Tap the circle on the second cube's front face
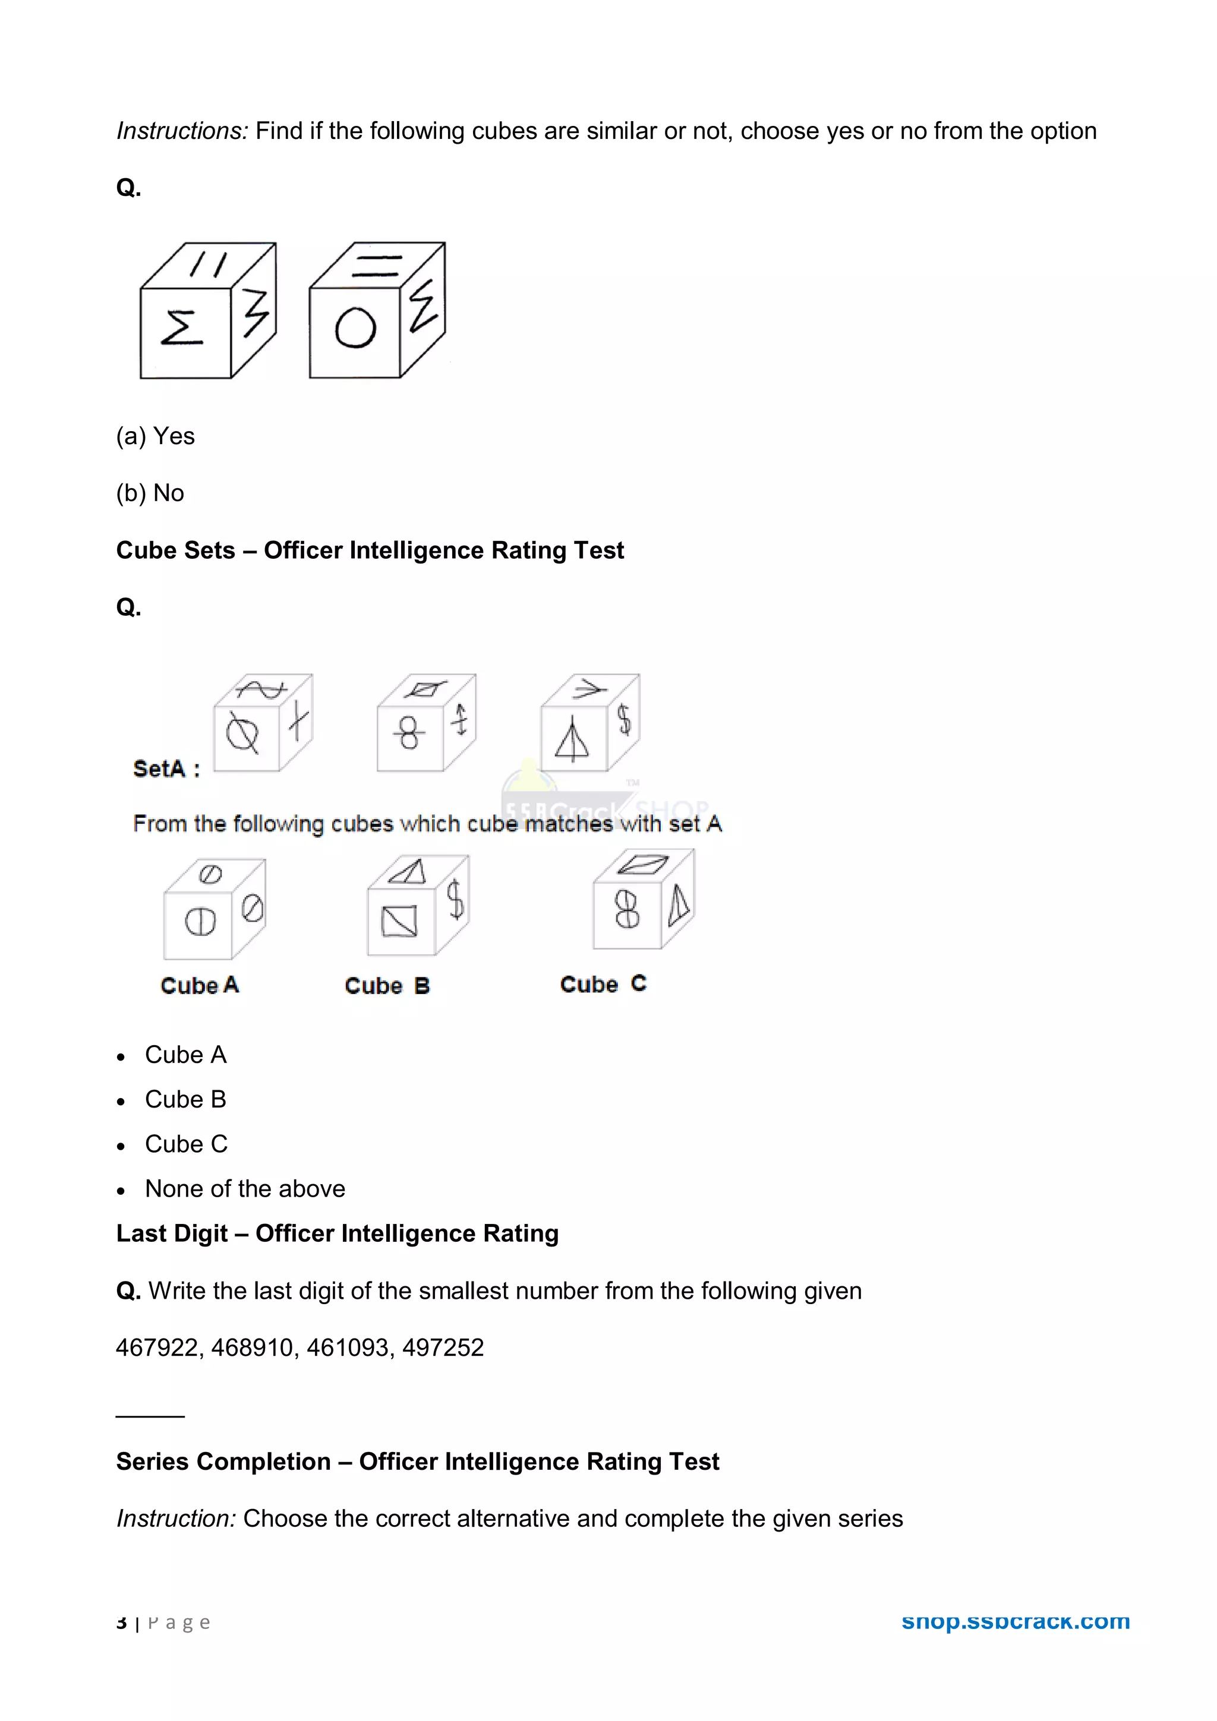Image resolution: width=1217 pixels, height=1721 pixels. point(355,328)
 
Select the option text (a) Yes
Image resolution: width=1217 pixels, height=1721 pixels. point(155,436)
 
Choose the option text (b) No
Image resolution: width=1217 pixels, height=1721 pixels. point(150,493)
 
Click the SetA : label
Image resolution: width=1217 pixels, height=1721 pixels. point(166,769)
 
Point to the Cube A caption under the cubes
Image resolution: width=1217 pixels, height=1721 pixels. point(200,985)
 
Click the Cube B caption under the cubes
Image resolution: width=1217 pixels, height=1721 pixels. point(387,986)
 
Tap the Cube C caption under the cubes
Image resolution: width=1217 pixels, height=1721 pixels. point(603,983)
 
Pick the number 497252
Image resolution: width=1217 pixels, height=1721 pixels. point(443,1347)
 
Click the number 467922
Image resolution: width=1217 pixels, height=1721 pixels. point(157,1347)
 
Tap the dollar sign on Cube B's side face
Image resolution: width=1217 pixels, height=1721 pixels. point(455,900)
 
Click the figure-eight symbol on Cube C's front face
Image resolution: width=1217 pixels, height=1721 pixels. point(627,910)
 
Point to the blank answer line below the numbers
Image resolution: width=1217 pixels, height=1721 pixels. point(150,1415)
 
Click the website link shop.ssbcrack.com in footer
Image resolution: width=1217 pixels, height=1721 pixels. point(1016,1621)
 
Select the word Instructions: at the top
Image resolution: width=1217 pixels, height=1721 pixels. point(181,131)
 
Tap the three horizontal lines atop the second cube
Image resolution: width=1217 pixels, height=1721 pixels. point(377,266)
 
